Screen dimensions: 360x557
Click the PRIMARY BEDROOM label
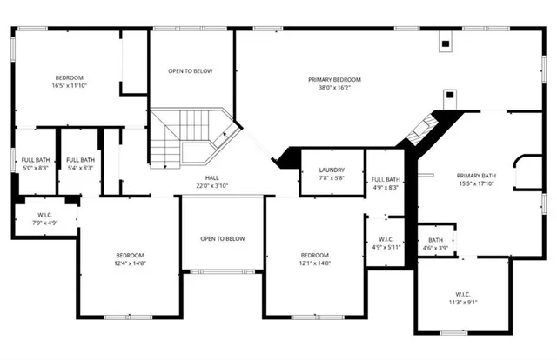click(334, 79)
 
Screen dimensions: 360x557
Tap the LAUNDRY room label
click(332, 170)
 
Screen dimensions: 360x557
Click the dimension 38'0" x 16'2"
click(334, 88)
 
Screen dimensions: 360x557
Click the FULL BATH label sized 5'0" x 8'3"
click(35, 159)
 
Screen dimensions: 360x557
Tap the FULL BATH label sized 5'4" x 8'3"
click(80, 159)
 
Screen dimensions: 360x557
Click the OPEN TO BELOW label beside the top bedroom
click(191, 71)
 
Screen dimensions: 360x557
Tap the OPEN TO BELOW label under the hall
click(223, 238)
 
